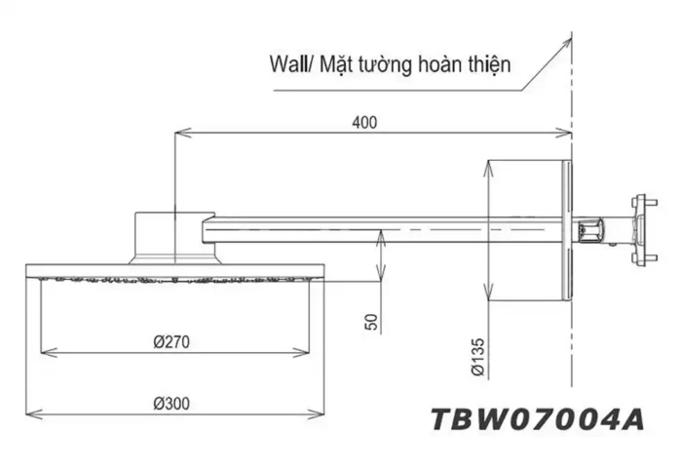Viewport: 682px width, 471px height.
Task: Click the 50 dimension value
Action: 371,322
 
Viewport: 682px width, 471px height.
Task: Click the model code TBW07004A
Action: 537,419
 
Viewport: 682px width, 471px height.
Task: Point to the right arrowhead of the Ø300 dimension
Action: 315,411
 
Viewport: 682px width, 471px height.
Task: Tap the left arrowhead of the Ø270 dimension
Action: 43,352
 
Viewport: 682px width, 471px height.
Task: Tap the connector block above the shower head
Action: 173,235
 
